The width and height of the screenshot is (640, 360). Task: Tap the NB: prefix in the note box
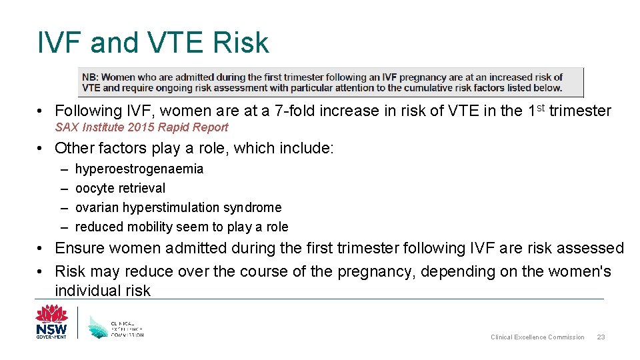[x=90, y=77]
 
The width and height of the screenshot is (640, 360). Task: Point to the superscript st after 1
[x=539, y=107]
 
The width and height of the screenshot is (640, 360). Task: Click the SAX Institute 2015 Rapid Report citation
[x=141, y=127]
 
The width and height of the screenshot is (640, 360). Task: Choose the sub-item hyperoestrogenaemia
[x=139, y=169]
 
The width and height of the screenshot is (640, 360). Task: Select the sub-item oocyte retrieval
[x=120, y=189]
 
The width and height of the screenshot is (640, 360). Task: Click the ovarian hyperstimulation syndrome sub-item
[x=178, y=208]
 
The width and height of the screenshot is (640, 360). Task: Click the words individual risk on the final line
[x=103, y=291]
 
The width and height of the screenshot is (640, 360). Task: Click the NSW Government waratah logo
[x=51, y=321]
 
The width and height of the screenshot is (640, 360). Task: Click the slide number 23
[x=601, y=337]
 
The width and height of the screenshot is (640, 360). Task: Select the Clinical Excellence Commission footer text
[x=537, y=337]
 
